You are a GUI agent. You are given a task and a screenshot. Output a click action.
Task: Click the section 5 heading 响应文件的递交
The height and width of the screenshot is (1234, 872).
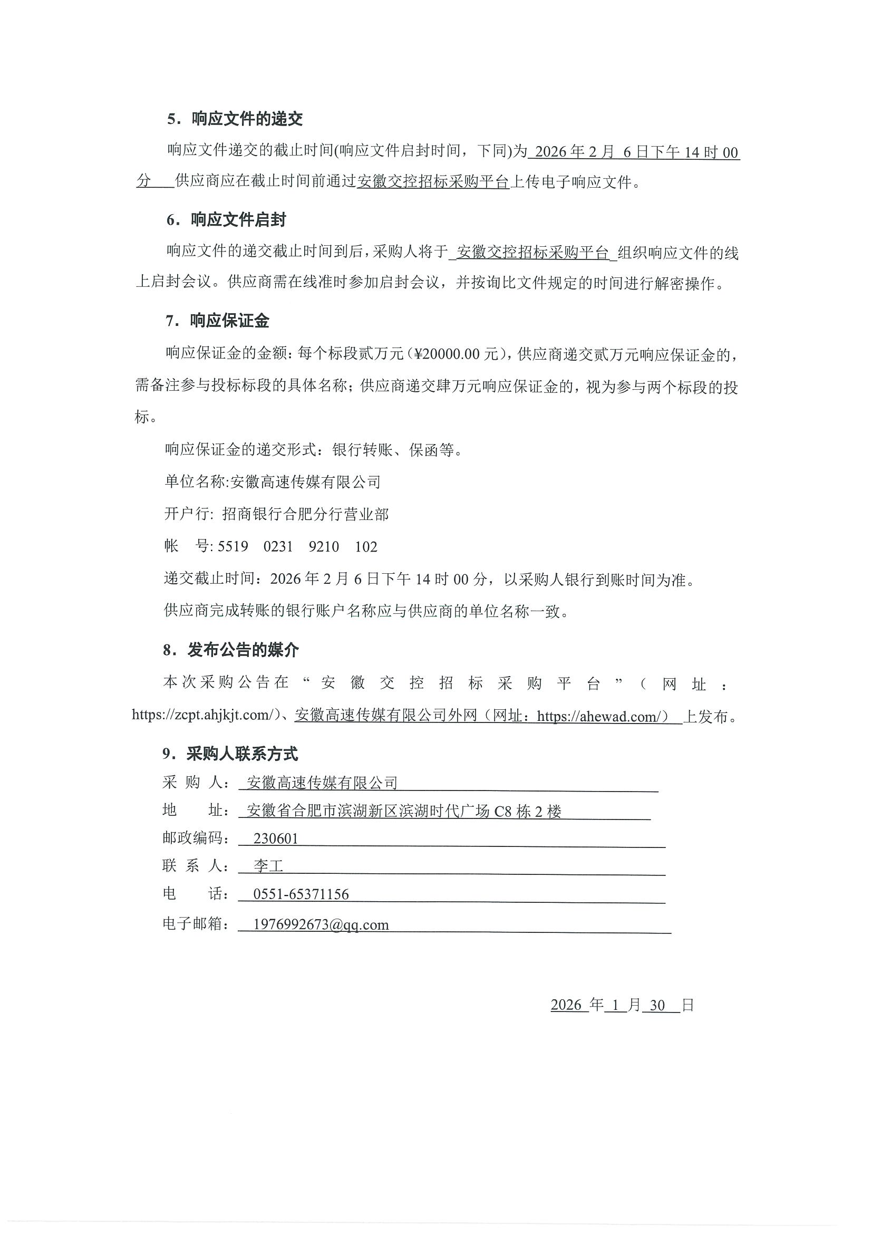tap(247, 119)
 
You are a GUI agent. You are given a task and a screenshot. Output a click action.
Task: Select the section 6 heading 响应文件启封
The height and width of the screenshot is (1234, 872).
tap(238, 220)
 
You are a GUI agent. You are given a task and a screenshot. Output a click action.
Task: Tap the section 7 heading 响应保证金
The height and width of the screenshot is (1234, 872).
tap(229, 321)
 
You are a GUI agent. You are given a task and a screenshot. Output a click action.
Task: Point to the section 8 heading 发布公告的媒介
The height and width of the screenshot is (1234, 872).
tap(243, 650)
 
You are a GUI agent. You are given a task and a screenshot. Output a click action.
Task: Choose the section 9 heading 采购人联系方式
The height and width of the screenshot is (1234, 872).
tap(242, 754)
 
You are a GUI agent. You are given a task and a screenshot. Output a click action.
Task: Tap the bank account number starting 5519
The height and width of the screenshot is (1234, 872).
tap(298, 546)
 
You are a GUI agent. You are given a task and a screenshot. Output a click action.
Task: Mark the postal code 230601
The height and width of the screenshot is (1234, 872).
tap(276, 838)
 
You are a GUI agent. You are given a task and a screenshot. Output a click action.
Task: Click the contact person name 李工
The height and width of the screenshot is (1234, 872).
tap(268, 866)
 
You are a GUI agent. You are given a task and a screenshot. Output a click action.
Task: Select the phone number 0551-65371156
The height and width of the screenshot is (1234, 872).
tap(301, 894)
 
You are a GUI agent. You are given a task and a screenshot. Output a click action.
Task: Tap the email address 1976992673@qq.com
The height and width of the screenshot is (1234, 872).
tap(321, 924)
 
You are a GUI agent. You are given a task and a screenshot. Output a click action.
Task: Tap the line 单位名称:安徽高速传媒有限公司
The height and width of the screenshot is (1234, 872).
tap(273, 481)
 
